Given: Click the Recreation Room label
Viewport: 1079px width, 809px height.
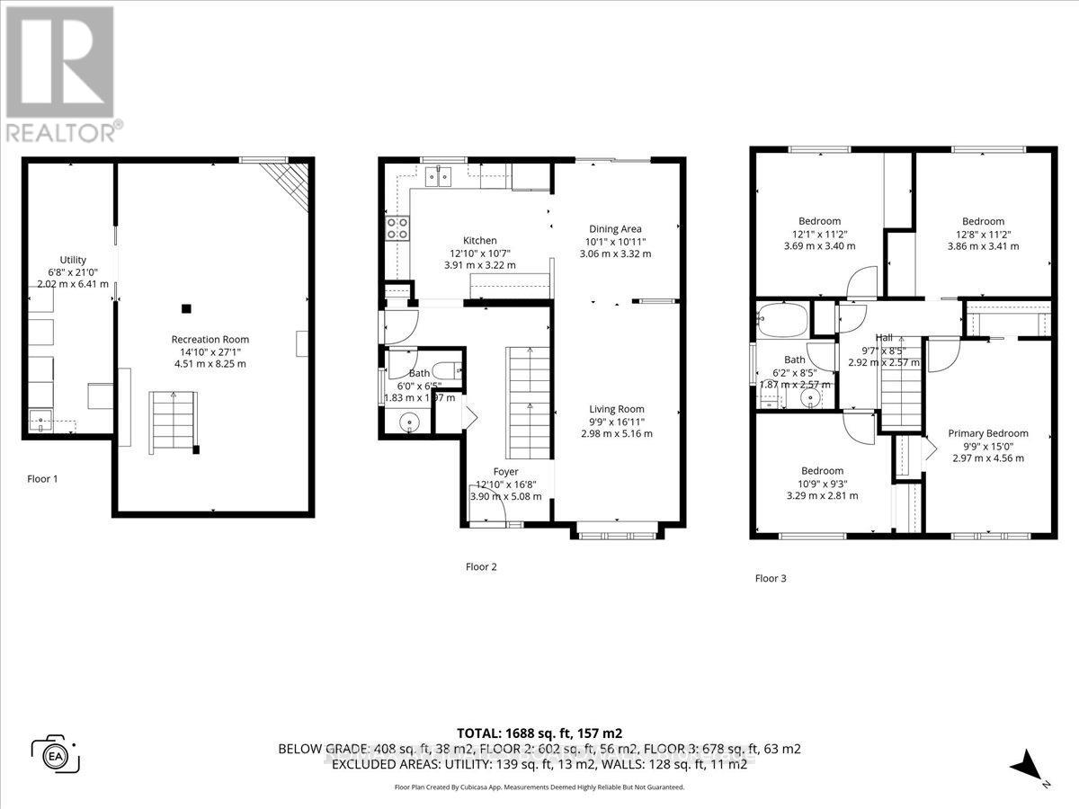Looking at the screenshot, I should click(209, 339).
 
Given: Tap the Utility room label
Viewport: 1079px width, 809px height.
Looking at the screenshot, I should click(73, 260).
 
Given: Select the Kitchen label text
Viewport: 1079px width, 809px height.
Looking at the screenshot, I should click(480, 240).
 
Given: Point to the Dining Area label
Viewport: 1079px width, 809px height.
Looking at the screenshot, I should click(615, 228).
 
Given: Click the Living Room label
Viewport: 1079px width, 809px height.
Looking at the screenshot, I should click(617, 409).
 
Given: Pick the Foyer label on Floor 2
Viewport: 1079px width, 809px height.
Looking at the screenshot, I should click(505, 471).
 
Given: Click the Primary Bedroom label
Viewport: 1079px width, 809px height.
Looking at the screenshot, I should click(987, 433).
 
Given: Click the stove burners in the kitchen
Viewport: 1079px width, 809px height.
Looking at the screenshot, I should click(397, 228).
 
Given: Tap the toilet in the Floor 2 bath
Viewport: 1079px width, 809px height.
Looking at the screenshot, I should click(446, 369).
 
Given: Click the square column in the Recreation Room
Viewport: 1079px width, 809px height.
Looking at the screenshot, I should click(186, 308).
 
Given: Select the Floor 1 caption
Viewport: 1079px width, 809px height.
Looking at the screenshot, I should click(42, 479).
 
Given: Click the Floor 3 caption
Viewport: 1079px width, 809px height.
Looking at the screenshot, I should click(771, 578).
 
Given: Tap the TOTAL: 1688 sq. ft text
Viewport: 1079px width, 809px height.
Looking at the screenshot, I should click(539, 733).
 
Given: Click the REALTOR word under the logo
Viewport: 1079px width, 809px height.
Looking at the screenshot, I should click(60, 131).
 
